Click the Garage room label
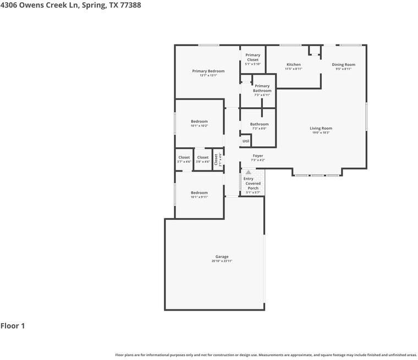coord(222,257)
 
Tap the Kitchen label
coord(293,65)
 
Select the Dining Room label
coord(343,65)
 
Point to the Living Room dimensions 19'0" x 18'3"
coord(321,133)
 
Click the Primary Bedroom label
coord(208,71)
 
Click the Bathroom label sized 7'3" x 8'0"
coord(259,124)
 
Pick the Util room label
coord(246,141)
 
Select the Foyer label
coord(257,156)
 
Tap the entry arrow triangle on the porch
coord(248,172)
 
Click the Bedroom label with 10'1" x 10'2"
coord(199,121)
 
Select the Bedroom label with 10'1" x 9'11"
coord(199,193)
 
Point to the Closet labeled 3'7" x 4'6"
coord(184,158)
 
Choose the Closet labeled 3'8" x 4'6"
coord(203,158)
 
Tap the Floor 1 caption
coord(13,326)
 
